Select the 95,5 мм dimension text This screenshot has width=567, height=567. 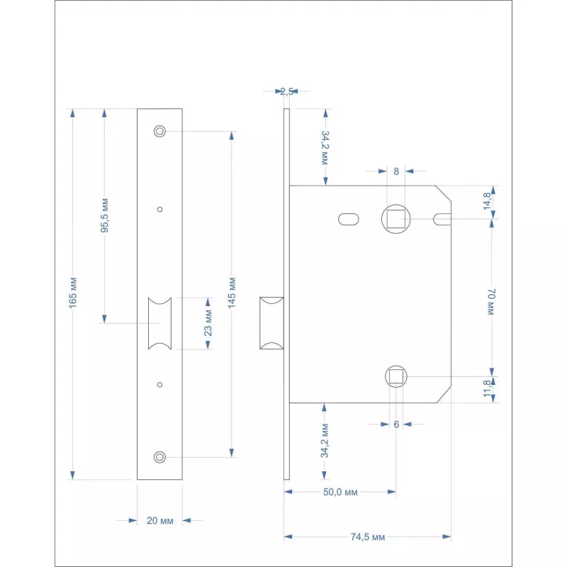[x=104, y=216]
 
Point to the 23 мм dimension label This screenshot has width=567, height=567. [x=208, y=324]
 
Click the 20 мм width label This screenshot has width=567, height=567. [x=159, y=521]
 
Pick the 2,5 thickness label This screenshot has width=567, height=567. [x=286, y=91]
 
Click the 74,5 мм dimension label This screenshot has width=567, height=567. [x=368, y=537]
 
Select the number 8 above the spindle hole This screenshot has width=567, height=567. [x=396, y=171]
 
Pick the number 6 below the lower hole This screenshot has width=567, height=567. [x=396, y=424]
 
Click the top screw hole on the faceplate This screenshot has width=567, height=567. [x=159, y=131]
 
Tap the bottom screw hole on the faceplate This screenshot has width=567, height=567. [x=159, y=457]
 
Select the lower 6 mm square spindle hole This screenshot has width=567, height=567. [x=396, y=376]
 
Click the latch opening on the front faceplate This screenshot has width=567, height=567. [x=159, y=324]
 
